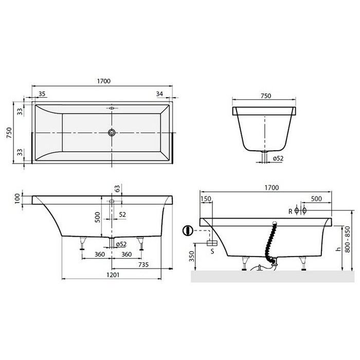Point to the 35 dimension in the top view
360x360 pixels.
coord(42,94)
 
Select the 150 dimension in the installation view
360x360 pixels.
coord(206,199)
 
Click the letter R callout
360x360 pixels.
coord(291,211)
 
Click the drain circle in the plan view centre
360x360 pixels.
coord(111,133)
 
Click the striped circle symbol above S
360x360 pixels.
coord(189,230)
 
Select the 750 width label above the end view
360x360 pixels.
coord(265,96)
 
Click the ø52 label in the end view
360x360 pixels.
coord(278,158)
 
